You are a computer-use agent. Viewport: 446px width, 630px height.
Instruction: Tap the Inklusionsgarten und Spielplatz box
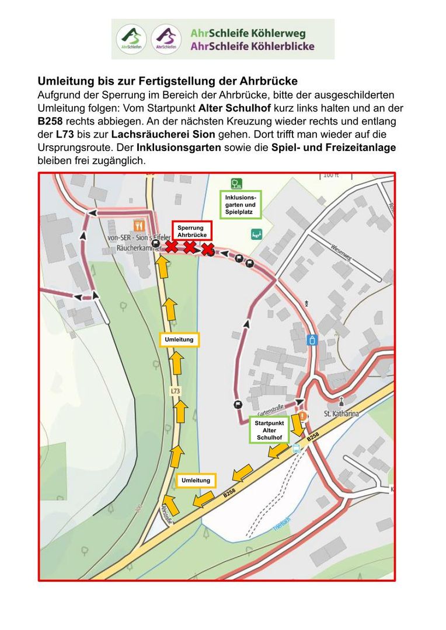(241, 205)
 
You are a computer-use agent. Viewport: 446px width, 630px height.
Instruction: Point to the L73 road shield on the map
(175, 391)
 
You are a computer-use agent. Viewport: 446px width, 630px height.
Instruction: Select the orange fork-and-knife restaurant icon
(138, 225)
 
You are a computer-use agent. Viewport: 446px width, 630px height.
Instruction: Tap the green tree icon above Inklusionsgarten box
(236, 184)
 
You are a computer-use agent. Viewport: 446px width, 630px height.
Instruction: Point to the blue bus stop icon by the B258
(297, 448)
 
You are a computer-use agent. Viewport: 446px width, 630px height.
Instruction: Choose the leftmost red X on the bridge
(171, 247)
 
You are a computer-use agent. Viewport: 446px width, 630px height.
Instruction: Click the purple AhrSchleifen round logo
(166, 39)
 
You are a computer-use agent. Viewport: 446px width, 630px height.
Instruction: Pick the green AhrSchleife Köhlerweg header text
(248, 33)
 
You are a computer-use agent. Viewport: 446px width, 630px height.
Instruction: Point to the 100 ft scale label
(331, 175)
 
